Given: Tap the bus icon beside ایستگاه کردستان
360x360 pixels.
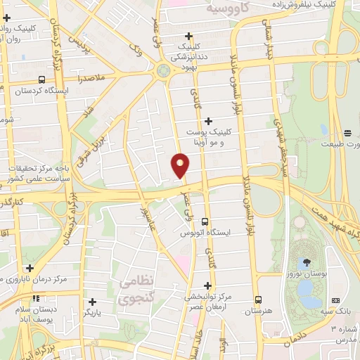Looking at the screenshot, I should (41, 79).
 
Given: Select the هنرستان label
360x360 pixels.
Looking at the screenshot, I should (257, 310).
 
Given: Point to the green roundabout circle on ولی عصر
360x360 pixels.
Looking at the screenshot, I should (163, 70).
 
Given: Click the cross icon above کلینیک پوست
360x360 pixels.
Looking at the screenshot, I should (209, 121).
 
